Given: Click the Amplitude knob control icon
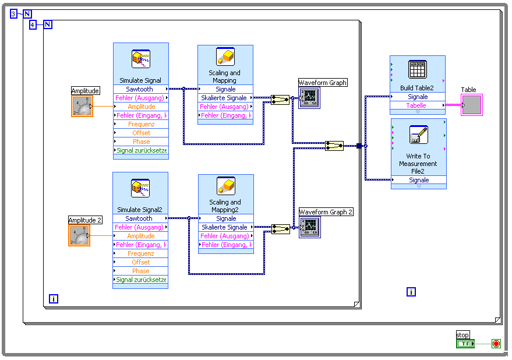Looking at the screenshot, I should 82,106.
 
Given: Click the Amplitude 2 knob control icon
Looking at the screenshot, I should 79,235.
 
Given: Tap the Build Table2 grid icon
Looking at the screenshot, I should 418,69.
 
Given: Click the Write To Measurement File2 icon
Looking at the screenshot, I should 418,135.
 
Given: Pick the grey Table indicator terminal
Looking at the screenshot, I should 471,105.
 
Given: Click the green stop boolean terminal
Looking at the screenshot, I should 465,344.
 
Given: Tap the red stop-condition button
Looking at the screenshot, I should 496,344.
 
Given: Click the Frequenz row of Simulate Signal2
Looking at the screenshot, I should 140,253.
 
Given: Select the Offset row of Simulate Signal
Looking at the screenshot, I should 141,133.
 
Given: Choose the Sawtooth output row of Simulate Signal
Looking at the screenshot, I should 140,89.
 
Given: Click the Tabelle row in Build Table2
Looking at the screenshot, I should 416,105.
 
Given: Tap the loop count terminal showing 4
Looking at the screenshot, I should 33,24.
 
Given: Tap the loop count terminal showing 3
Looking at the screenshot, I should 13,14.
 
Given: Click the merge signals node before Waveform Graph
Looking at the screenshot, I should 280,100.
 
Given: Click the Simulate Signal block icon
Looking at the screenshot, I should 140,59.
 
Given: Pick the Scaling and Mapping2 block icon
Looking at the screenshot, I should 225,186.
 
